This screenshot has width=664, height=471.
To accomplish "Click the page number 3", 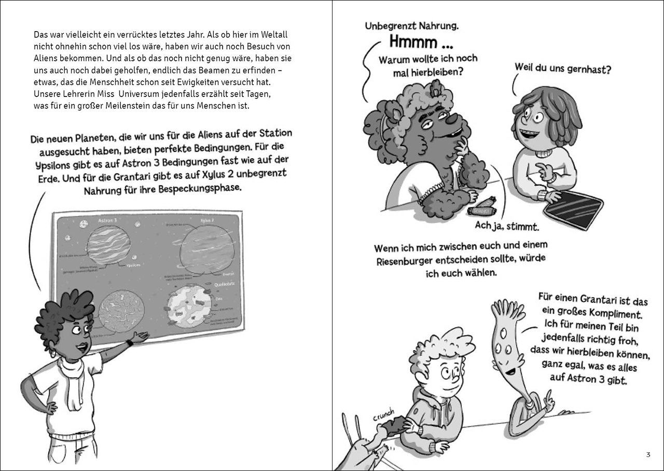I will pyautogui.click(x=648, y=455).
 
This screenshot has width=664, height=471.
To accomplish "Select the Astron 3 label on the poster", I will pyautogui.click(x=107, y=220).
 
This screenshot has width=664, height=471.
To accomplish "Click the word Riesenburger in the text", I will pyautogui.click(x=410, y=261).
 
